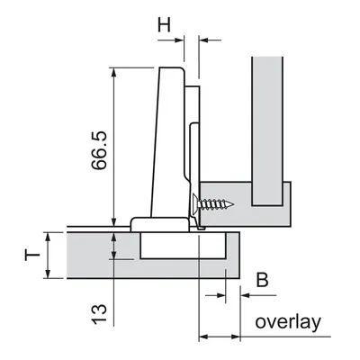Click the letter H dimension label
tap(164, 25)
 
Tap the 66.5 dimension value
tap(99, 150)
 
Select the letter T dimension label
tap(32, 256)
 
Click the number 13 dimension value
tap(99, 314)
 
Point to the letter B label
tap(262, 280)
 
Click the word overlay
tap(288, 322)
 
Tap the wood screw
tap(211, 204)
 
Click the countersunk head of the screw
tap(194, 204)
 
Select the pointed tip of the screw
tap(233, 204)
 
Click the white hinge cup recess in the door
tap(183, 245)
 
